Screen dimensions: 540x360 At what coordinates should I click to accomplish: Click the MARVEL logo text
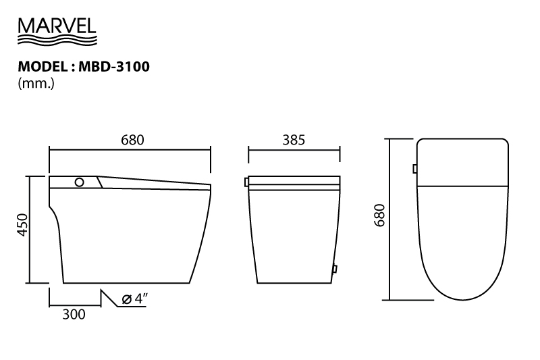(57, 26)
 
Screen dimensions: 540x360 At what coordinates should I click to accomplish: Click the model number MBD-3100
(114, 66)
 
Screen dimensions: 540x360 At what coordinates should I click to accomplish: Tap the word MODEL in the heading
(43, 66)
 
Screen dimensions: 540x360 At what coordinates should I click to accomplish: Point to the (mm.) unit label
(36, 83)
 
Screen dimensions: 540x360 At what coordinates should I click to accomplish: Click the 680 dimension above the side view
(132, 140)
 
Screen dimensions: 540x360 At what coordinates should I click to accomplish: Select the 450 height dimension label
(22, 225)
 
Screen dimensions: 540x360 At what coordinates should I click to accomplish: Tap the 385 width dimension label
(294, 140)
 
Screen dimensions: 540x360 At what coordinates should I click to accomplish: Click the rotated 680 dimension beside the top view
(379, 215)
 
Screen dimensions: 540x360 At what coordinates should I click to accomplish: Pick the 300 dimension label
(74, 314)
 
